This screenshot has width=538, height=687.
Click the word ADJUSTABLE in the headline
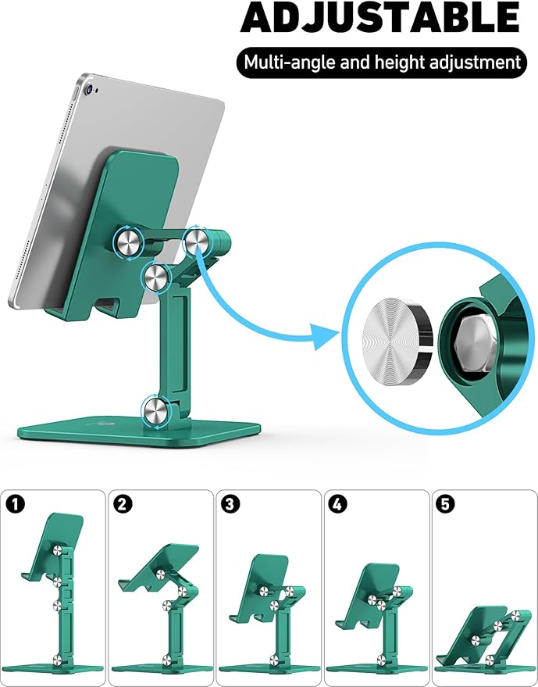[379, 19]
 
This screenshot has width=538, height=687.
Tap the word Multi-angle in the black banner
[283, 61]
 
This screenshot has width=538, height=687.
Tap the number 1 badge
[15, 504]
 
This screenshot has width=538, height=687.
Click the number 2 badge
[123, 504]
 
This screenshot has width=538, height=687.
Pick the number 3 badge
[230, 504]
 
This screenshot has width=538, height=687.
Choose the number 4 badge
[337, 504]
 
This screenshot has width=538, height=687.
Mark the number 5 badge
[445, 504]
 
